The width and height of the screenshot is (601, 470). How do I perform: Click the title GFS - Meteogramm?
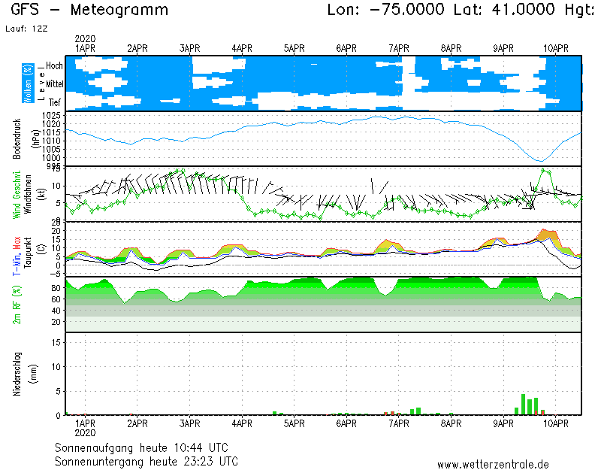[x=89, y=11]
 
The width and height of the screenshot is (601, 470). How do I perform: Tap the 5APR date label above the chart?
[x=294, y=48]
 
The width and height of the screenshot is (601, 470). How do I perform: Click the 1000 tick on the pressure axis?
[x=51, y=156]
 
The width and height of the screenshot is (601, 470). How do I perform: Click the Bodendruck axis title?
[x=17, y=138]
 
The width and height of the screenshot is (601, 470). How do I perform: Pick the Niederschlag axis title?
[x=17, y=374]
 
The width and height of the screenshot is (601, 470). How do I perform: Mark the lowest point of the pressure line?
[x=539, y=160]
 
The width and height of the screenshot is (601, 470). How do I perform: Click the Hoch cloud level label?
[x=54, y=66]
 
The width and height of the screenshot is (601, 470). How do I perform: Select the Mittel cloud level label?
[x=54, y=83]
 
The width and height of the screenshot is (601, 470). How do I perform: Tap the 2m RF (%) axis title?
[x=17, y=305]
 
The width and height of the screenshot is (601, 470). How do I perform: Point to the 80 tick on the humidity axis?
[x=56, y=288]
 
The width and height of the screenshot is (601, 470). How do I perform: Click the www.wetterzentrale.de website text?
[x=493, y=465]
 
